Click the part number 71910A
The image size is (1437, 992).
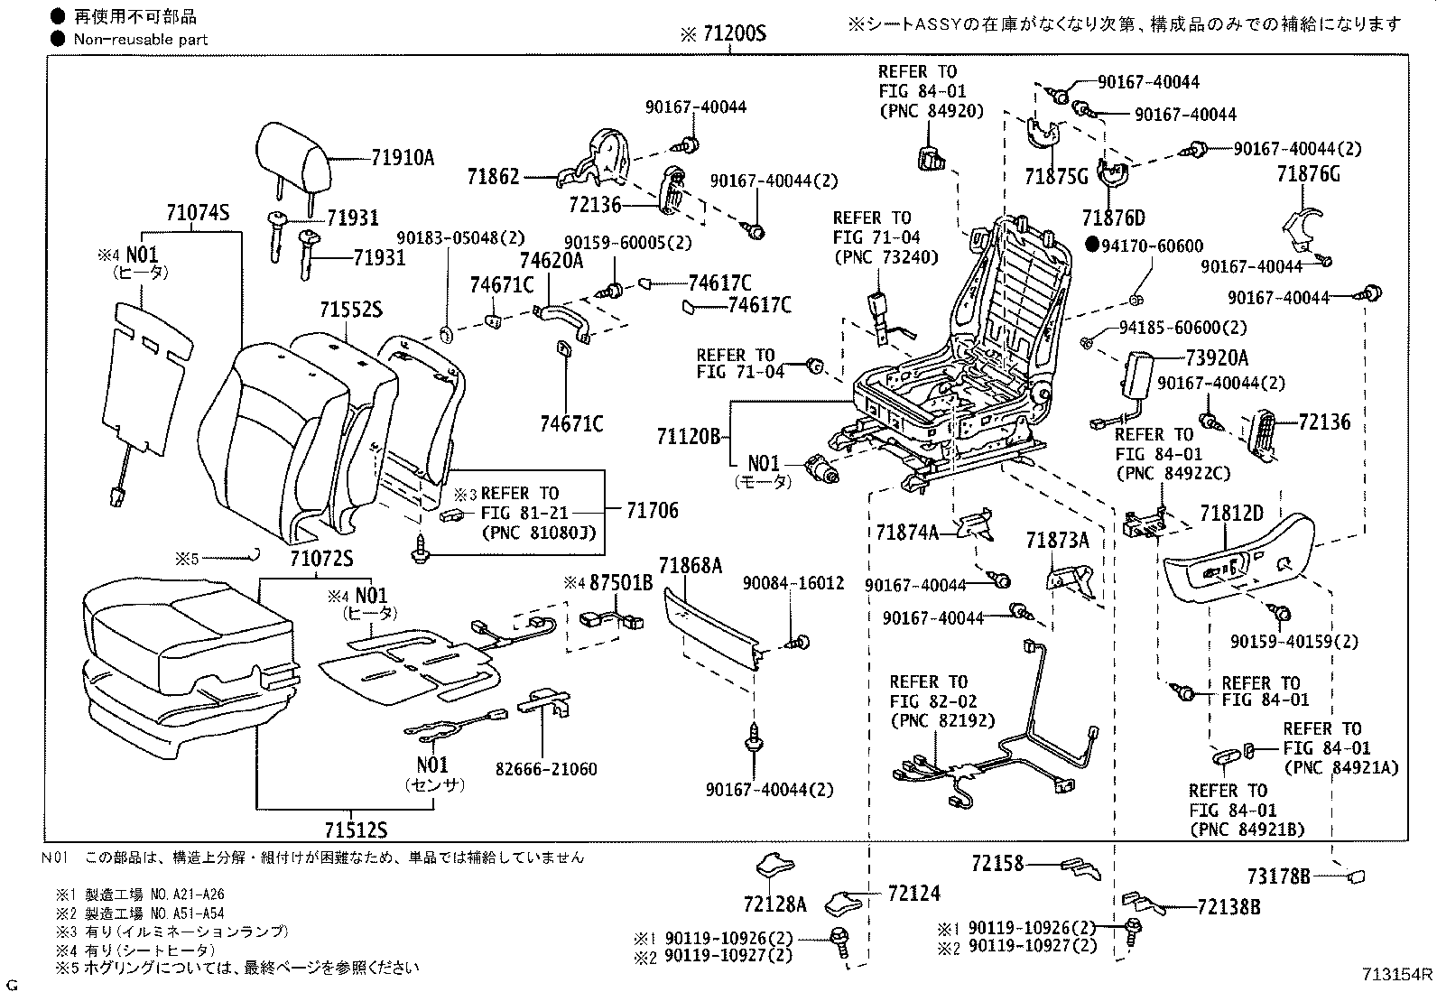pyautogui.click(x=403, y=158)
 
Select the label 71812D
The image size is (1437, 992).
pyautogui.click(x=1231, y=515)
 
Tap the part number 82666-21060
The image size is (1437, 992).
pyautogui.click(x=545, y=769)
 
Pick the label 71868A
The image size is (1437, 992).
pyautogui.click(x=691, y=566)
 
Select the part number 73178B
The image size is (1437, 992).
pyautogui.click(x=1279, y=875)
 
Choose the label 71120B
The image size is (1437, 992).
pyautogui.click(x=689, y=437)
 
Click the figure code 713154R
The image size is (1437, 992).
pyautogui.click(x=1397, y=974)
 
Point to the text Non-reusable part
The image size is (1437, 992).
pyautogui.click(x=142, y=39)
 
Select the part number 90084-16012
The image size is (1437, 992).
pyautogui.click(x=793, y=583)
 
